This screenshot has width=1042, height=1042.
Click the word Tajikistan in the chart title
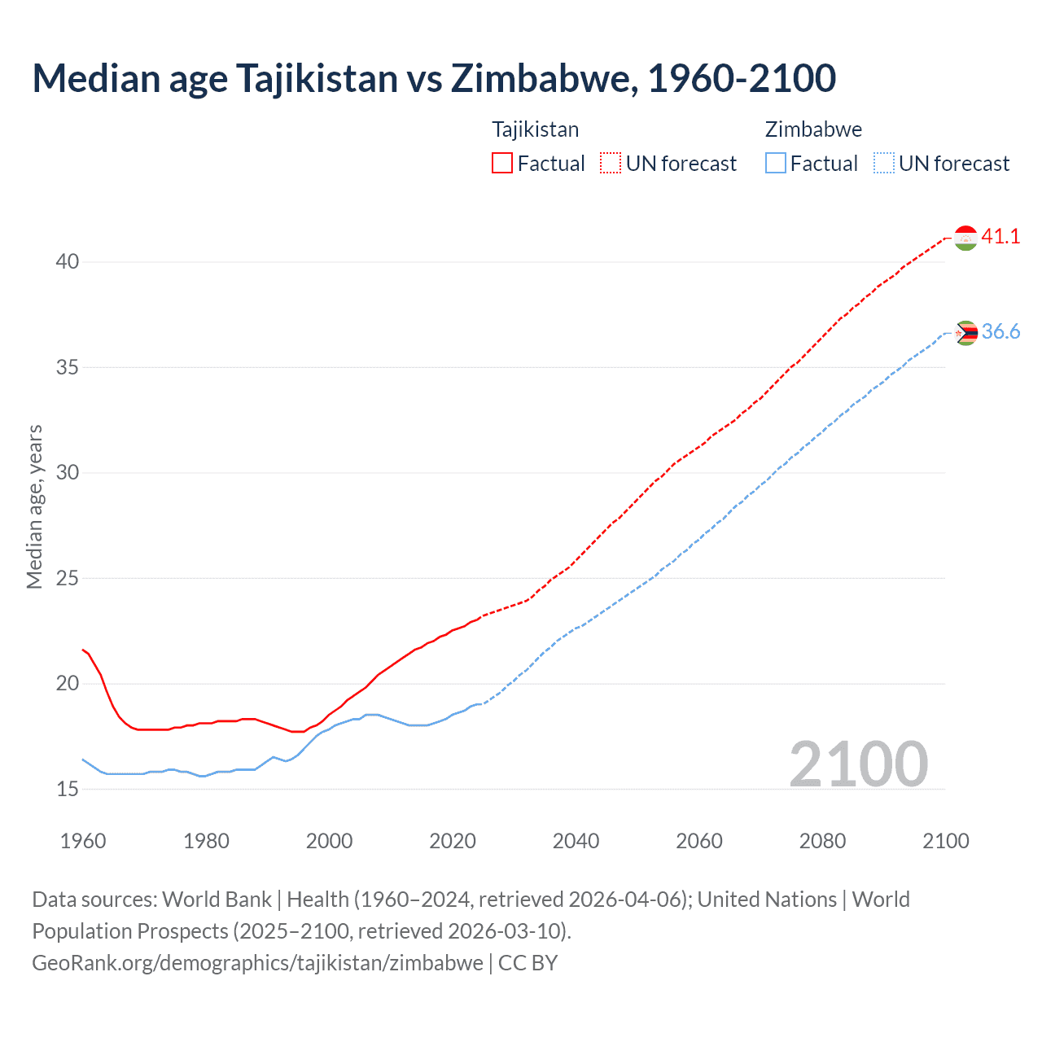(317, 78)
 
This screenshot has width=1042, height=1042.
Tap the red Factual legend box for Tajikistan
(502, 163)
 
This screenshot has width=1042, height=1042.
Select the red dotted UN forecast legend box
(611, 163)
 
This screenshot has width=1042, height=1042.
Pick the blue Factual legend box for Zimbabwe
(776, 163)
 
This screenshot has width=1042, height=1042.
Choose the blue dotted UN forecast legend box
(884, 163)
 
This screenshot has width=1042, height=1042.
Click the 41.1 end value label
(1000, 236)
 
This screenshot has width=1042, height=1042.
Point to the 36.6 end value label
(1000, 331)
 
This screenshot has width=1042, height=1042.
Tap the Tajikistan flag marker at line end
(965, 238)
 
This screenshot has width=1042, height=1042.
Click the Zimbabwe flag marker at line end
(965, 333)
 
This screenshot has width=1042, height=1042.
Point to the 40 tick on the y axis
(68, 261)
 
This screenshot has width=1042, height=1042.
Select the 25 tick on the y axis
(68, 578)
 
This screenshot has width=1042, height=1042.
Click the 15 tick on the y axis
(68, 789)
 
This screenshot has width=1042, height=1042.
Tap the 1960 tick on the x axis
(83, 841)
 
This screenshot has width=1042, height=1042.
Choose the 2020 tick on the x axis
(453, 841)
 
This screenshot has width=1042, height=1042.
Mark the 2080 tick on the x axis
(822, 841)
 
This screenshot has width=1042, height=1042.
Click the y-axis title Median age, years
(34, 506)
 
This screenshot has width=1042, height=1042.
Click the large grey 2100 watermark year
(858, 764)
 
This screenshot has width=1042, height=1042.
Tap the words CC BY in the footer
(528, 963)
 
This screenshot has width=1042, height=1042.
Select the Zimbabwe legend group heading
(813, 129)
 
